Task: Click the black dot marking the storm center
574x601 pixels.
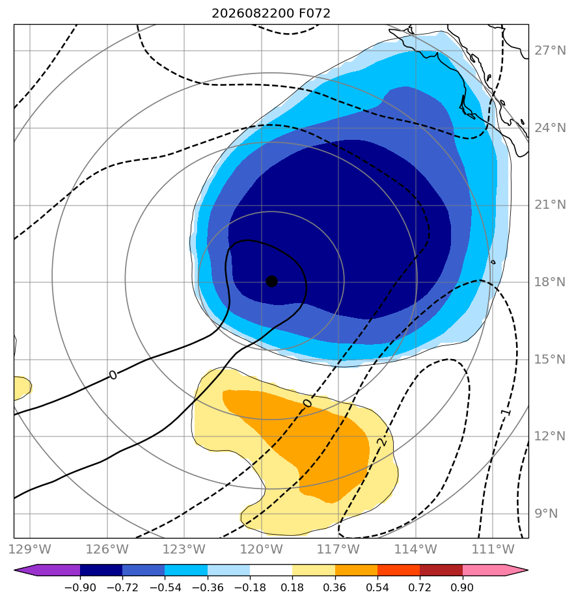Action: pyautogui.click(x=271, y=282)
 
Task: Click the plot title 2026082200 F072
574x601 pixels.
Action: pyautogui.click(x=271, y=14)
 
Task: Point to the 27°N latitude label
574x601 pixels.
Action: pyautogui.click(x=550, y=51)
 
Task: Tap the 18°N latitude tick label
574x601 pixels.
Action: pyautogui.click(x=550, y=282)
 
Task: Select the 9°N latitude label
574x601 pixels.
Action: pyautogui.click(x=547, y=514)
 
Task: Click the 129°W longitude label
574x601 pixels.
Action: pyautogui.click(x=30, y=549)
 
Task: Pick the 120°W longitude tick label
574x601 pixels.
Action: pyautogui.click(x=262, y=549)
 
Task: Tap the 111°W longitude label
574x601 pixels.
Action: pyautogui.click(x=493, y=549)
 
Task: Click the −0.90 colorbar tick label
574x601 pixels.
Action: pyautogui.click(x=80, y=587)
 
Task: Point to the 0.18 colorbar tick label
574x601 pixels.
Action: pyautogui.click(x=292, y=587)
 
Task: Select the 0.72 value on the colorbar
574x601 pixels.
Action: pyautogui.click(x=420, y=587)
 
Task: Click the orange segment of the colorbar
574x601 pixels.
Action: pyautogui.click(x=356, y=570)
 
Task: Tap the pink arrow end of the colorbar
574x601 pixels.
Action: pyautogui.click(x=495, y=570)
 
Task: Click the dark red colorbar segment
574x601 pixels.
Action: pyautogui.click(x=441, y=570)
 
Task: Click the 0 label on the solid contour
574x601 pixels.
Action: pyautogui.click(x=113, y=375)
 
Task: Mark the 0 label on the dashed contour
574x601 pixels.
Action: pyautogui.click(x=308, y=403)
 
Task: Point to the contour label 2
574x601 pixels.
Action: pyautogui.click(x=382, y=442)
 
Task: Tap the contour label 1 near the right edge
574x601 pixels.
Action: pyautogui.click(x=506, y=412)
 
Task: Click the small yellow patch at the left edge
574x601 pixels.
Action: pyautogui.click(x=22, y=388)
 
